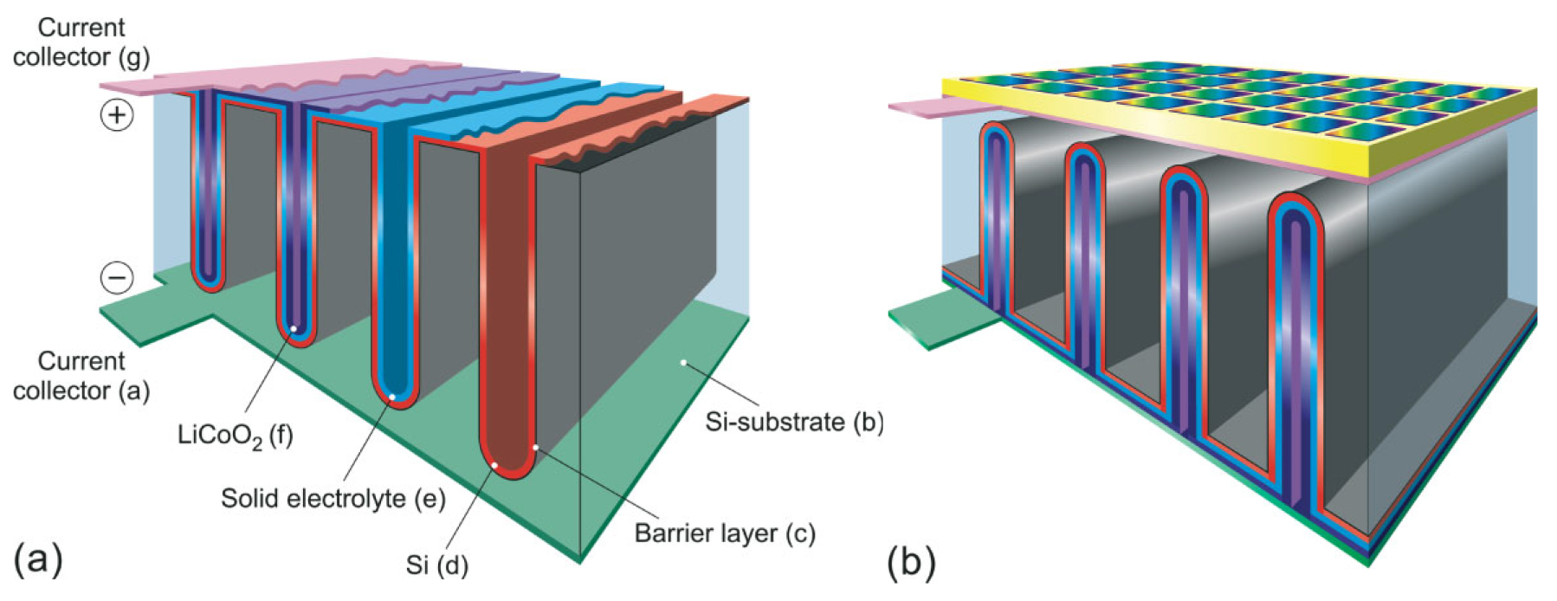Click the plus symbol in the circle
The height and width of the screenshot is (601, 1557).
coord(117,114)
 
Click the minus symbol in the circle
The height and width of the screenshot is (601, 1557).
coord(117,277)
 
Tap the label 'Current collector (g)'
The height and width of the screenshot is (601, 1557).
coord(81,42)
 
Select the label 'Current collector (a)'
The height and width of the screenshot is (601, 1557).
coord(81,376)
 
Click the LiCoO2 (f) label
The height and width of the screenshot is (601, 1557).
coord(235,435)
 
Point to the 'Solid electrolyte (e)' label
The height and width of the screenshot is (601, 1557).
coord(333,499)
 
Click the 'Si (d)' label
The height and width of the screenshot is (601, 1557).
coord(436,565)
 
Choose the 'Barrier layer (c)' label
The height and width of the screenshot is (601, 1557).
coord(725,533)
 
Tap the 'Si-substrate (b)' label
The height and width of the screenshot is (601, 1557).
coord(794,422)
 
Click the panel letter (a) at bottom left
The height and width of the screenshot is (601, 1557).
coord(39,559)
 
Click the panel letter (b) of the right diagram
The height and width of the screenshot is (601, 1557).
coord(912,562)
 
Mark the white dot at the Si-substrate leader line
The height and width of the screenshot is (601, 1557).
coord(683,363)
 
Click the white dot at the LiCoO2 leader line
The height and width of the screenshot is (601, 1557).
coord(294,328)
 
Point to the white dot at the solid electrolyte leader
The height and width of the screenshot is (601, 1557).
coord(392,397)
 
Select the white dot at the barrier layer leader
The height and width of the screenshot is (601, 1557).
coord(536,448)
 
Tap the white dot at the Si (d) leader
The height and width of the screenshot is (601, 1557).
coord(494,466)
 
